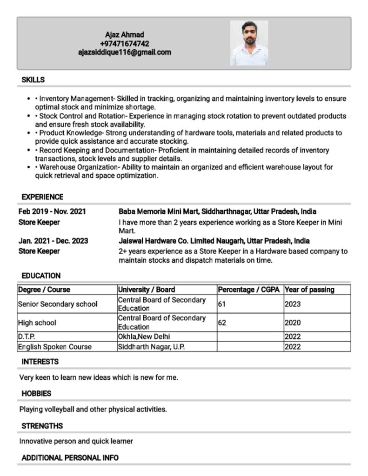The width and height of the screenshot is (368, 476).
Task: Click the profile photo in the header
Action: tap(249, 43)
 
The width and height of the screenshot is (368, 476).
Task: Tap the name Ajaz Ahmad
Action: tap(124, 35)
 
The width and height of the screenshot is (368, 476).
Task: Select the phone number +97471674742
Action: tap(124, 44)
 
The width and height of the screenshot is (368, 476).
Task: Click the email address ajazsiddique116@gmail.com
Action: tap(124, 53)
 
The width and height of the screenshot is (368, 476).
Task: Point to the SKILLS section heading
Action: tap(33, 80)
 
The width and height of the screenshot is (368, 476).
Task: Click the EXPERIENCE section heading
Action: tap(42, 197)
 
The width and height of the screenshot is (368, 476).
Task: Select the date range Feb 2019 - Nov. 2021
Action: tap(52, 212)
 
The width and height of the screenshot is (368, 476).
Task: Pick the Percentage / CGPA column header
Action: tap(249, 290)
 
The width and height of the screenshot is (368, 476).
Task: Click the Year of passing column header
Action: tap(309, 290)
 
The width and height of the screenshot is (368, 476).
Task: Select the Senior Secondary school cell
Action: tap(58, 304)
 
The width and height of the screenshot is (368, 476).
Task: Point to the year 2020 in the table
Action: tap(293, 323)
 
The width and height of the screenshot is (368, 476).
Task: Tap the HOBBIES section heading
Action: tap(36, 394)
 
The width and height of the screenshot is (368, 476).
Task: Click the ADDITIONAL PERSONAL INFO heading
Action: tap(70, 458)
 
